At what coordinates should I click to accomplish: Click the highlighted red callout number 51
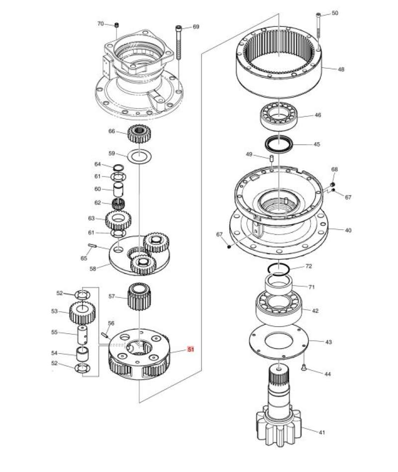click(190, 350)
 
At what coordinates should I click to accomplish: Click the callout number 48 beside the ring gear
click(341, 70)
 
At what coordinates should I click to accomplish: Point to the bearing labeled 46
click(279, 116)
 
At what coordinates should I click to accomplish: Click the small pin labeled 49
click(272, 159)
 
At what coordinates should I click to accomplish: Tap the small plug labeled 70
click(116, 25)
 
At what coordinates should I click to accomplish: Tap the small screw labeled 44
click(303, 368)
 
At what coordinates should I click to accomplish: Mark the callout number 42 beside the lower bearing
click(315, 311)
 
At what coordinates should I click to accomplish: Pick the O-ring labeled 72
click(279, 270)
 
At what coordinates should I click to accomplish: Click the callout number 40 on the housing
click(348, 230)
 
